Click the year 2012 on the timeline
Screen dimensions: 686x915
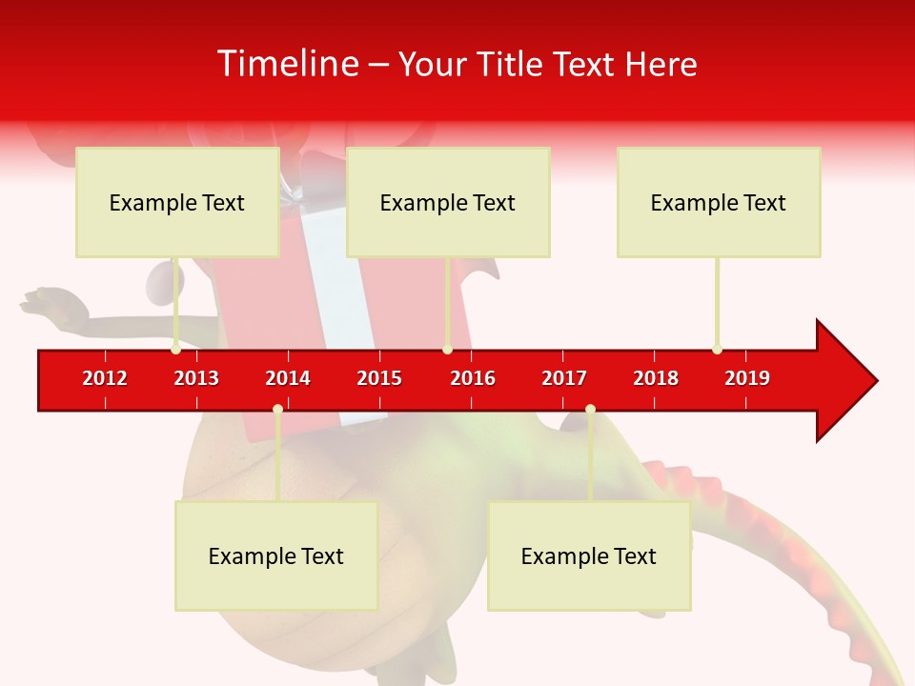tap(105, 378)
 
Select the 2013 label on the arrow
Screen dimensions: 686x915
tap(196, 378)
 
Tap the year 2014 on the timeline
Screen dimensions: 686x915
tap(288, 378)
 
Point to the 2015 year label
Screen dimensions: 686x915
tap(379, 378)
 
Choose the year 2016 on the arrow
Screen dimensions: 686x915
tap(473, 378)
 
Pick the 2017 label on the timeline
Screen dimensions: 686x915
tap(564, 378)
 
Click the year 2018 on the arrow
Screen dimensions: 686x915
tap(656, 378)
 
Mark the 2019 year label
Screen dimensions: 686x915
tap(747, 378)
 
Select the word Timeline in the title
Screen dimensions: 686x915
tap(286, 64)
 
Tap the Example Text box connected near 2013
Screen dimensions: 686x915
tap(177, 202)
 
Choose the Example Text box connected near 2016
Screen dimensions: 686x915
tap(448, 202)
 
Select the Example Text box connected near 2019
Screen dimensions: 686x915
tap(719, 202)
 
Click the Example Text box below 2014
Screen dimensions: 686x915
tap(276, 555)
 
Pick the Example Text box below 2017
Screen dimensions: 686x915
tap(589, 555)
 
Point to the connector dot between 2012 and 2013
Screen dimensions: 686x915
tap(175, 350)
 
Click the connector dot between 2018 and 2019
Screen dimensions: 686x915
tap(717, 350)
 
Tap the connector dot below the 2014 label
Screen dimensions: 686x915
tap(277, 410)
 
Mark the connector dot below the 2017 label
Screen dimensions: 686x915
tap(590, 410)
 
